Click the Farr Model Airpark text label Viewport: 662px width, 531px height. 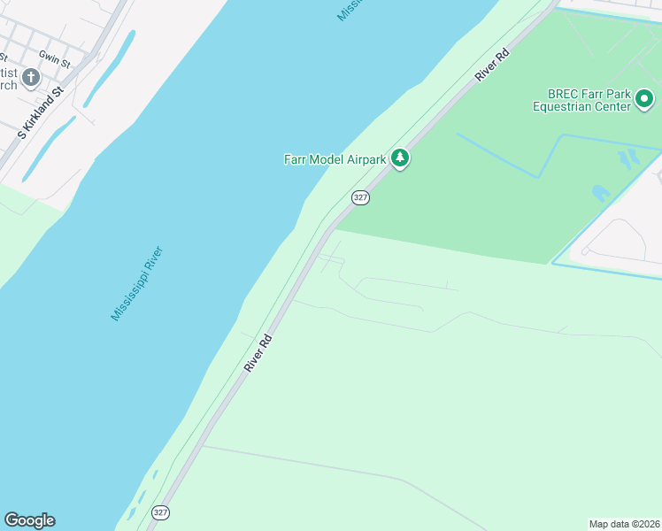click(335, 159)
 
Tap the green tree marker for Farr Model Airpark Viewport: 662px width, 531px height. click(401, 158)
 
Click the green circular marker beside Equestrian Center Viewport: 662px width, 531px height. click(644, 98)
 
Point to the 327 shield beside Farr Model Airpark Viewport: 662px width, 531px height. click(360, 197)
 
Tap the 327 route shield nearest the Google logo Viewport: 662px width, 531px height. click(160, 512)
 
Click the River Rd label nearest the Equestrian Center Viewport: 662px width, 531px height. click(493, 65)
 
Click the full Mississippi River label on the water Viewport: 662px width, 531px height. click(137, 283)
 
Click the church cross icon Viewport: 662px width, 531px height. click(31, 78)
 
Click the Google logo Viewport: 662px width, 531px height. click(29, 520)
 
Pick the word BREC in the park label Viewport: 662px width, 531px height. click(563, 93)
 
